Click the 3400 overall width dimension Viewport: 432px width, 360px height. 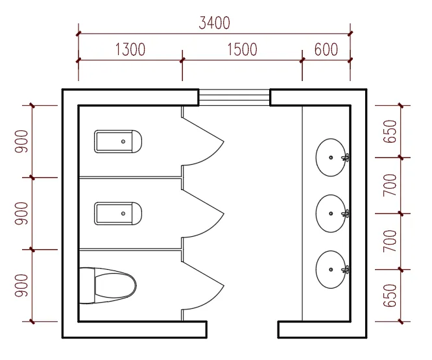click(214, 23)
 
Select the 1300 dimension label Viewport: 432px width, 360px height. click(130, 49)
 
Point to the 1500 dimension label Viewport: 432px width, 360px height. click(242, 49)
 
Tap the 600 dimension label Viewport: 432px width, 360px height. click(326, 49)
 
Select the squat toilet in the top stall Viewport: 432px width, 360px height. click(118, 141)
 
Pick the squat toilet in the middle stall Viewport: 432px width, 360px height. click(118, 213)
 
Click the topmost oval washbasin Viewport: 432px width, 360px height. click(331, 157)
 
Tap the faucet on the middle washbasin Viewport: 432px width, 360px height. click(345, 213)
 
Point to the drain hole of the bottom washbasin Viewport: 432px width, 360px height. click(331, 269)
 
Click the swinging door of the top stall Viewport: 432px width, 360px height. click(203, 141)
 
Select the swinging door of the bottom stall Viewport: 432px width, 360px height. click(203, 285)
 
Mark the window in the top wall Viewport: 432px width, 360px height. click(234, 97)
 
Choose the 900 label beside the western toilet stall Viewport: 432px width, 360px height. click(21, 285)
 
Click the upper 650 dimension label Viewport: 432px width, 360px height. click(390, 132)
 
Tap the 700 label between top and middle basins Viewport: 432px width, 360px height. click(390, 185)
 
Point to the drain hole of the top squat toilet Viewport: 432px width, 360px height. click(123, 141)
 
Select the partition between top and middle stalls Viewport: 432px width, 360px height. click(130, 178)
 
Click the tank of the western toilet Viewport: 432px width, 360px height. click(87, 285)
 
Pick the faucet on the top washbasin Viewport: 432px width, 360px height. click(345, 157)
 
